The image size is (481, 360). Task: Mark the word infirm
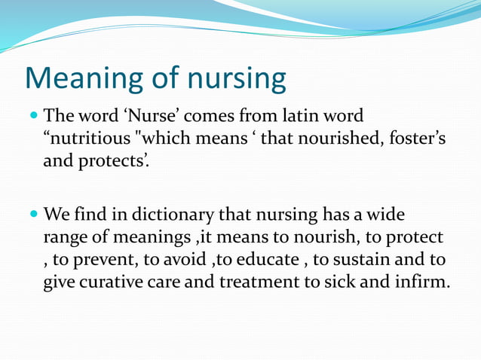pyautogui.click(x=421, y=283)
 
